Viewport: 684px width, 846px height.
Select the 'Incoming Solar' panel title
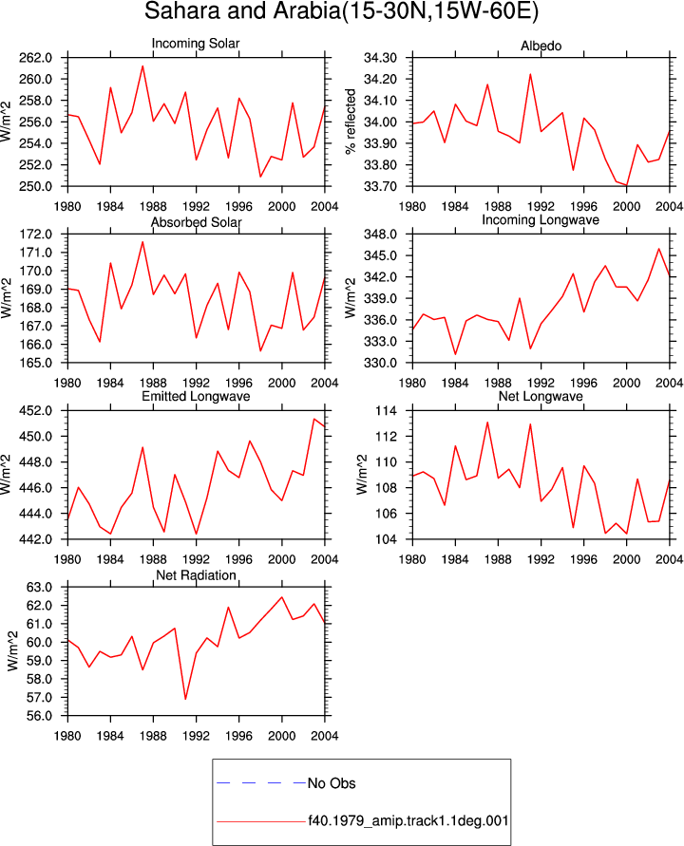point(196,43)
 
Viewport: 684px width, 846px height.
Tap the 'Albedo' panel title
point(541,46)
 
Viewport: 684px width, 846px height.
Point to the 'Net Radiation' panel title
point(196,575)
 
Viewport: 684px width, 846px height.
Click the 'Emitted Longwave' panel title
point(196,396)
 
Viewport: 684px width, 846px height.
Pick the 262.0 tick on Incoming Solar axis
point(36,58)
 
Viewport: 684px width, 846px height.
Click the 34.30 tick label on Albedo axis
point(381,58)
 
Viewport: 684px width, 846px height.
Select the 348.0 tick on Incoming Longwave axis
point(381,235)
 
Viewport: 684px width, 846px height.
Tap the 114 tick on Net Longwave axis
point(386,410)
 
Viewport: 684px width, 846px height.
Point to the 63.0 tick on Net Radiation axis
point(39,587)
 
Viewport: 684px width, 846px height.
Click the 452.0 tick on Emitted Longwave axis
point(36,410)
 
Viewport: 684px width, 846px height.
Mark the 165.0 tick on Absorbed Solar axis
point(36,363)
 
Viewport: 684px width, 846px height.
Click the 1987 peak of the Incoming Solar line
point(142,66)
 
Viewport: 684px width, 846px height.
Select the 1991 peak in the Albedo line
point(530,74)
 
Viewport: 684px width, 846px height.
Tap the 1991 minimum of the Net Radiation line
point(185,699)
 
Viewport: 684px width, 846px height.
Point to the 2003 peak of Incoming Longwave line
point(658,249)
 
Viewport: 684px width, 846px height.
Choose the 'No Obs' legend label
point(332,783)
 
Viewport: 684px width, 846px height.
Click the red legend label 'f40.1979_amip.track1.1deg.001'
point(408,821)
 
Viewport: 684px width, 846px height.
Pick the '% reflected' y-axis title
point(351,122)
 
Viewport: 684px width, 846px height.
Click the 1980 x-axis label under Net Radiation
point(67,736)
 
